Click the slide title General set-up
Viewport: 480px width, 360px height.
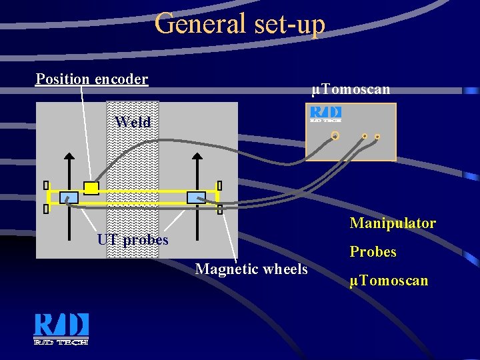pos(240,24)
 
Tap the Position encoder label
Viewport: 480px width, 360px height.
pos(92,79)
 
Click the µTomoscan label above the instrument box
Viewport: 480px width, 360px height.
pos(351,89)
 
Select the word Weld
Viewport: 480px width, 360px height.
pos(133,122)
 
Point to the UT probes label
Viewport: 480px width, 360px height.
pos(133,239)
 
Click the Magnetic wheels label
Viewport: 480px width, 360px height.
pos(251,269)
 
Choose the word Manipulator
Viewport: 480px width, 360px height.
pos(393,223)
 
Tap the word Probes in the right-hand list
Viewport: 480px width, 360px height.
pos(373,253)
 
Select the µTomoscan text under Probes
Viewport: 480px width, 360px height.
pos(389,281)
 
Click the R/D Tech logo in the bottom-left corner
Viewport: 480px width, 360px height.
pos(61,329)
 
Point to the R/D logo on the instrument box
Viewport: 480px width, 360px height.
pos(326,114)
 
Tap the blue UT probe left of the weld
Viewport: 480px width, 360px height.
pos(69,197)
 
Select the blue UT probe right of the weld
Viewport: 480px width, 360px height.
pos(196,197)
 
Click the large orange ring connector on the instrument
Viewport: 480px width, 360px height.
pos(335,136)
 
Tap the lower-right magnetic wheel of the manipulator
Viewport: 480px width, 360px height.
pos(220,209)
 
